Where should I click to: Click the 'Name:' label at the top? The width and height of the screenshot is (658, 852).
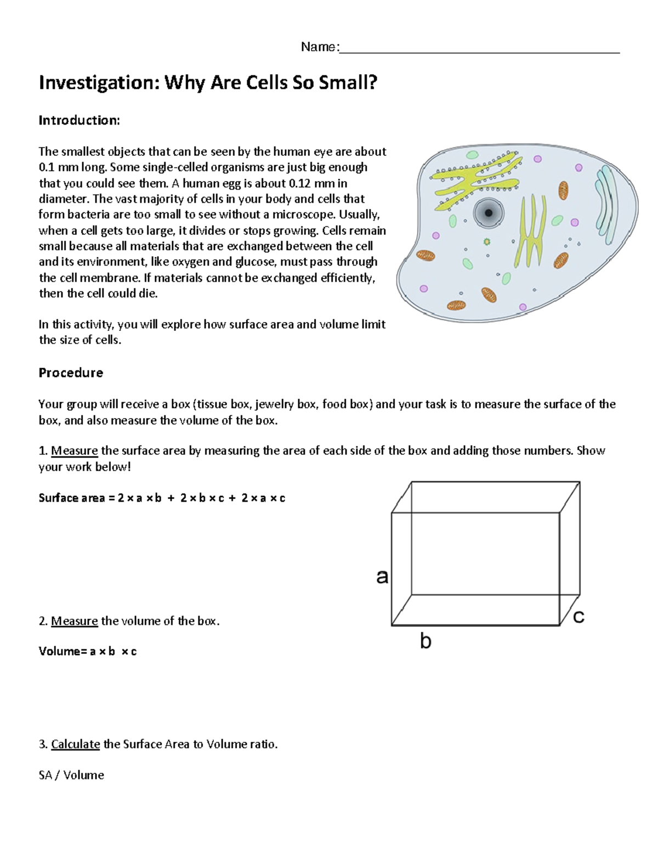pos(320,47)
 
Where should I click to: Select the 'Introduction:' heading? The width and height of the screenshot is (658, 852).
pos(79,121)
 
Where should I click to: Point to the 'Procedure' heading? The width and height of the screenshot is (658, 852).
pos(71,373)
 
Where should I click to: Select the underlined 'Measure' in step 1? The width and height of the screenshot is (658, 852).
pos(74,451)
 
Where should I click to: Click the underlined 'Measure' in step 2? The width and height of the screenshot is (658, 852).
pos(74,621)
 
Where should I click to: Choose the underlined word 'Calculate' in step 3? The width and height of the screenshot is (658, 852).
pos(75,744)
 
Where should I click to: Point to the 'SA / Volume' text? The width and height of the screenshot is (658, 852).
pos(71,775)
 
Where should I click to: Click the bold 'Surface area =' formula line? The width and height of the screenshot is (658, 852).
pos(162,498)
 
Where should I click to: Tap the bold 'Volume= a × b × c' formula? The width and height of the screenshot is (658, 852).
pos(88,652)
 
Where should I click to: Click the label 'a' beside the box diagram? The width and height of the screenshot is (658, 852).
pos(382,576)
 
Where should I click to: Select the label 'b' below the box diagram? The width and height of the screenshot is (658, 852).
pos(426,641)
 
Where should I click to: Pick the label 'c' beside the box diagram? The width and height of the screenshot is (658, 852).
pos(578,617)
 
